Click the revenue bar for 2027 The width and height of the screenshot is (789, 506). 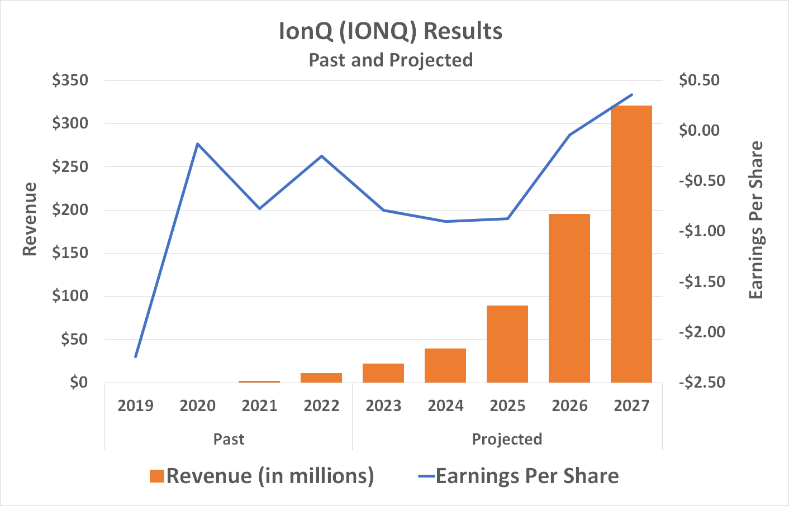pyautogui.click(x=631, y=244)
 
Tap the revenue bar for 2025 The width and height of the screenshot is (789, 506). pyautogui.click(x=507, y=343)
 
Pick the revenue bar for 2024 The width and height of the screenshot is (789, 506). pyautogui.click(x=445, y=365)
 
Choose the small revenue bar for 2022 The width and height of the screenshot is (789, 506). pyautogui.click(x=321, y=378)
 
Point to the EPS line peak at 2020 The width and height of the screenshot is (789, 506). pyautogui.click(x=197, y=144)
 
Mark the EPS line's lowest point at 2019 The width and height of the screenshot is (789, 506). pyautogui.click(x=136, y=356)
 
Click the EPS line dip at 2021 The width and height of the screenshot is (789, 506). pyautogui.click(x=259, y=208)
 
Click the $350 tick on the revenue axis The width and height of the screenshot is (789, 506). pyautogui.click(x=70, y=80)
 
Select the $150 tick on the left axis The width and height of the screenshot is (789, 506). pyautogui.click(x=70, y=253)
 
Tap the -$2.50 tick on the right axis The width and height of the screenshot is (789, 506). pyautogui.click(x=702, y=383)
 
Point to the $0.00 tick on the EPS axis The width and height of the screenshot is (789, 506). pyautogui.click(x=700, y=131)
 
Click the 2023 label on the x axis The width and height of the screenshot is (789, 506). pyautogui.click(x=383, y=405)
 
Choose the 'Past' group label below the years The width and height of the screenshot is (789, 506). pyautogui.click(x=229, y=439)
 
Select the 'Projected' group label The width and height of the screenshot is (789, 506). pyautogui.click(x=507, y=439)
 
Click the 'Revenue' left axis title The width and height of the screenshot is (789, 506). pyautogui.click(x=30, y=219)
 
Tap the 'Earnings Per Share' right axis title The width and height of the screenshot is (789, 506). pyautogui.click(x=755, y=220)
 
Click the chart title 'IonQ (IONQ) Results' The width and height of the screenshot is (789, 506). pyautogui.click(x=391, y=31)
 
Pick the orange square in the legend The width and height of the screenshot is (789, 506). pyautogui.click(x=157, y=476)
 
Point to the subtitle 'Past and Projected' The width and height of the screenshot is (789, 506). pyautogui.click(x=391, y=60)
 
